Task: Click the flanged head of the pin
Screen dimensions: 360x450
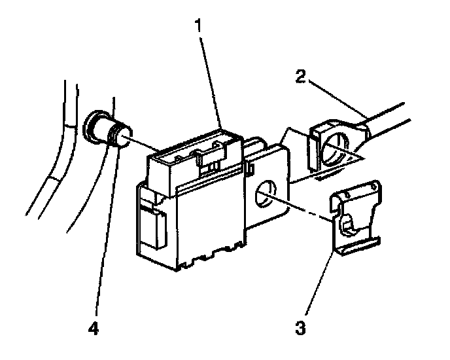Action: pyautogui.click(x=99, y=125)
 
